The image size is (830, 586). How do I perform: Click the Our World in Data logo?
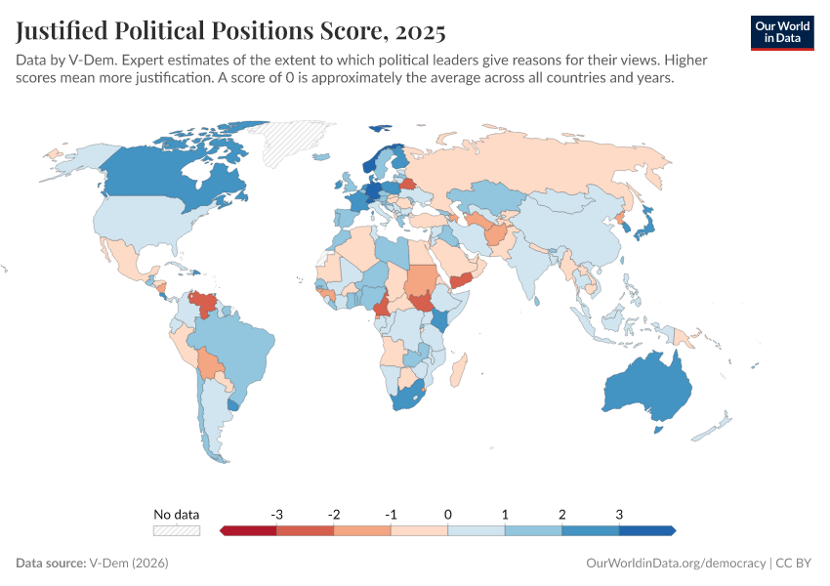(x=782, y=32)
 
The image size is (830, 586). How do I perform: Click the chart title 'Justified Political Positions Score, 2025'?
(x=231, y=32)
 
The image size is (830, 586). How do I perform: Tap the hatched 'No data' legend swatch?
(x=176, y=530)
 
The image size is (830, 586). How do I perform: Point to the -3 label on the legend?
(x=277, y=514)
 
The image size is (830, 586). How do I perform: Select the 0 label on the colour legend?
(x=448, y=514)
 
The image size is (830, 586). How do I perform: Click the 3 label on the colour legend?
(x=619, y=514)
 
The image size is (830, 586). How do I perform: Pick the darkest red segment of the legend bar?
(x=249, y=530)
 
